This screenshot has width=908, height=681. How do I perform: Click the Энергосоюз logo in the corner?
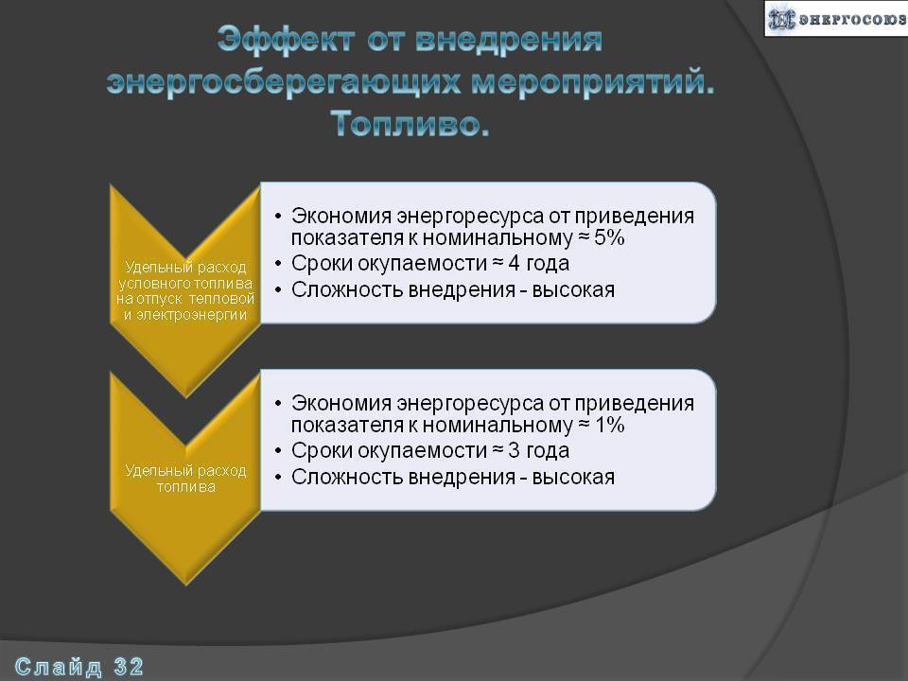[835, 19]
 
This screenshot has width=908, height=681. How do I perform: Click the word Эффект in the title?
[286, 41]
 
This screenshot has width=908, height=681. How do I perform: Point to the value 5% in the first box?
[609, 237]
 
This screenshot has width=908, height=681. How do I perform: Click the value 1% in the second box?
[610, 425]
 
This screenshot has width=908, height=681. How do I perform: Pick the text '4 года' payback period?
[538, 264]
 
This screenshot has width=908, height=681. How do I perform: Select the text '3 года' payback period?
[538, 450]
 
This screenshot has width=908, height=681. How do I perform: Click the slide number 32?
[129, 667]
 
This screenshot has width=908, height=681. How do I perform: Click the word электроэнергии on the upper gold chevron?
[191, 315]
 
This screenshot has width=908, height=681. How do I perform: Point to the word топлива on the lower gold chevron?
[186, 487]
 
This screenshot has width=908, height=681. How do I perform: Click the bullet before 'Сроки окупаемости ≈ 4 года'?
[278, 264]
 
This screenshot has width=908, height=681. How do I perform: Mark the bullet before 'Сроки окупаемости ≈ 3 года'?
[278, 451]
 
